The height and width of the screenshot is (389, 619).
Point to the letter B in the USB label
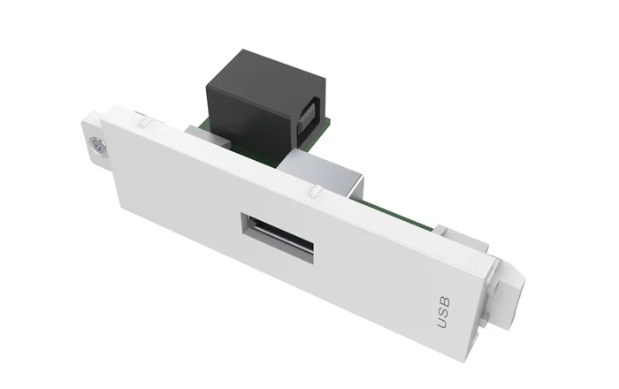coord(445,300)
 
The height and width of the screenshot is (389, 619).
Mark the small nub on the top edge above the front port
coord(313,188)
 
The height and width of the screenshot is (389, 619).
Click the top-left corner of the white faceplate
coord(103,115)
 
